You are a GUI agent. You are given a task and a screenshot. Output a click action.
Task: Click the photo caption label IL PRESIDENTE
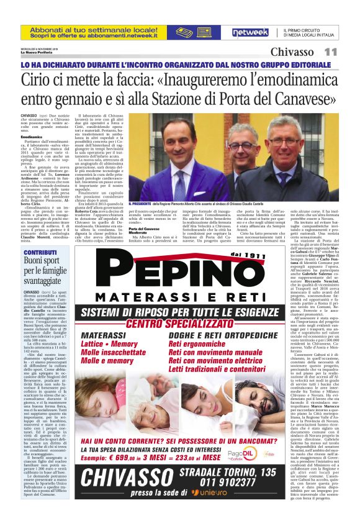[141, 204]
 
